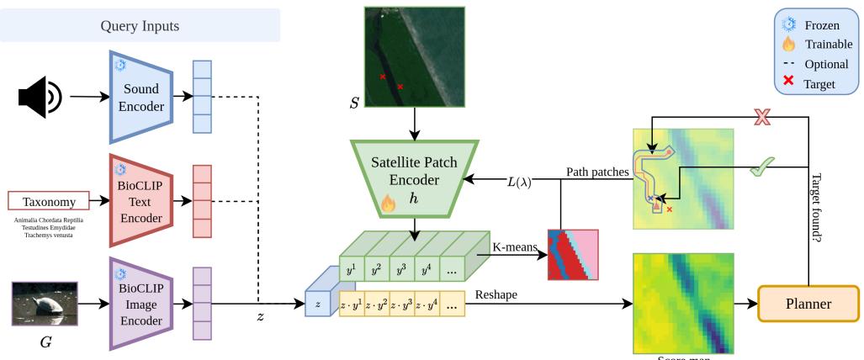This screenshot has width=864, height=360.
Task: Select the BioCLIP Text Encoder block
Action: pyautogui.click(x=140, y=202)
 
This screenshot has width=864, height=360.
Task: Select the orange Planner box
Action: pyautogui.click(x=808, y=302)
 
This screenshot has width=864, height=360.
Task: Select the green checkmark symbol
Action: pyautogui.click(x=762, y=167)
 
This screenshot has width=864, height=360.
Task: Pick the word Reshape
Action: pyautogui.click(x=497, y=296)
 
